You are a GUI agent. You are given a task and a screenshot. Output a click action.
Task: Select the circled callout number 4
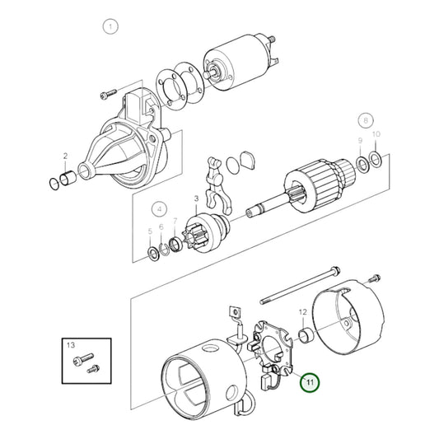[x=160, y=208]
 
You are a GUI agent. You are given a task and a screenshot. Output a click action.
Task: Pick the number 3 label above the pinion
[x=196, y=199]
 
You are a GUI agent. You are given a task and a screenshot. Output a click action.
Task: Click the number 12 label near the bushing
[x=303, y=312]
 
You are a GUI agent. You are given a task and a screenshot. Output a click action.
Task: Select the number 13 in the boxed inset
[x=70, y=344]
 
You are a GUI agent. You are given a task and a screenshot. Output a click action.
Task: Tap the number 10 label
[x=376, y=134]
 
